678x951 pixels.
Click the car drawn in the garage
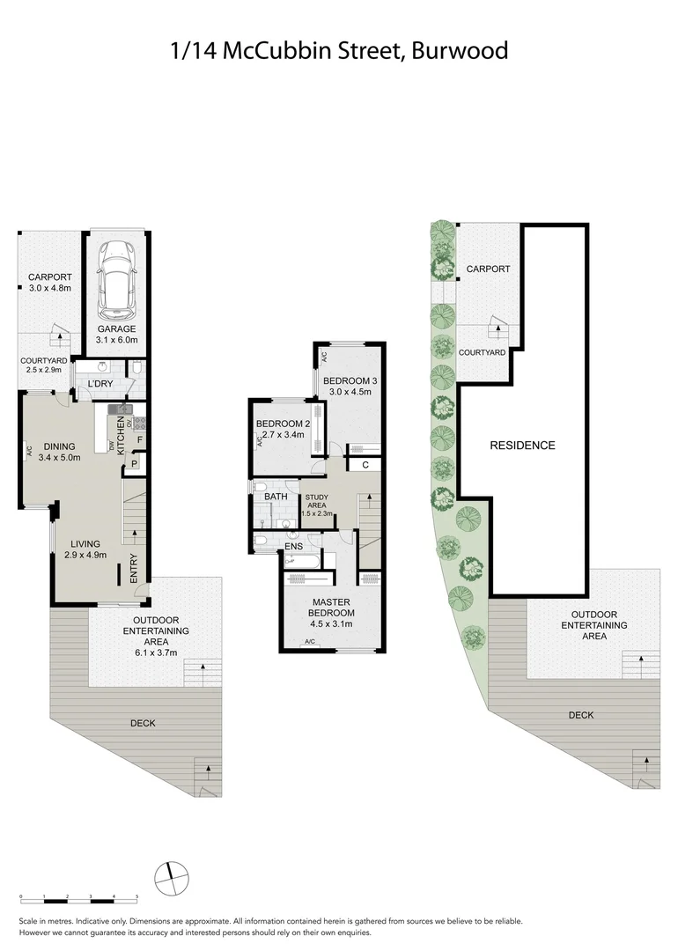pos(116,280)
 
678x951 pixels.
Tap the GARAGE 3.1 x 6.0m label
pos(116,334)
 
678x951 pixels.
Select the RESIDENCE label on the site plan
pos(522,446)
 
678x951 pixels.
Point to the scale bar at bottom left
pos(78,896)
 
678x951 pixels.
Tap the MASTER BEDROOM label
pos(332,608)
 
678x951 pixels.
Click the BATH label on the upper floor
pos(276,498)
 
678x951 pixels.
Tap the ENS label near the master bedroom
pos(293,546)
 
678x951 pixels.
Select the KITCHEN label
pos(122,435)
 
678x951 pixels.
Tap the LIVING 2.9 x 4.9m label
pos(85,549)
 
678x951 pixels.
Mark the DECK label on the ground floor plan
pos(143,723)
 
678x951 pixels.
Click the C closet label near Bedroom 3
pos(365,465)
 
